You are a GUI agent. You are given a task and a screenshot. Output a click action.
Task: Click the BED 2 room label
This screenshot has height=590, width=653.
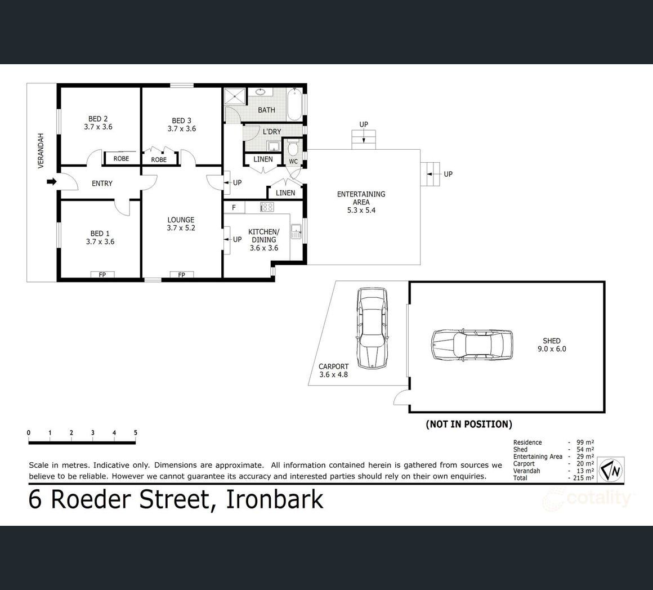[x=98, y=123]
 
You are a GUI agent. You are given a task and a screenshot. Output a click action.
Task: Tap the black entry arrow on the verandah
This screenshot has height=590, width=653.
[x=52, y=181]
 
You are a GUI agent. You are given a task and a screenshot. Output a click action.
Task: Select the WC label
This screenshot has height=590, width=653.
[x=293, y=162]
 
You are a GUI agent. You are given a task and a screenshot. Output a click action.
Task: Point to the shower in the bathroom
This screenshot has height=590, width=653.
[x=236, y=96]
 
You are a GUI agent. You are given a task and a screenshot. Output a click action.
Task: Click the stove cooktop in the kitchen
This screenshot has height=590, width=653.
[x=267, y=207]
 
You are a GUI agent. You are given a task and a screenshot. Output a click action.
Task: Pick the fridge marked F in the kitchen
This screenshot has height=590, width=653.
[x=234, y=207]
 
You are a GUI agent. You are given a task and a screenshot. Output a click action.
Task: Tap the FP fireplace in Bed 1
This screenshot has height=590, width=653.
[x=102, y=274]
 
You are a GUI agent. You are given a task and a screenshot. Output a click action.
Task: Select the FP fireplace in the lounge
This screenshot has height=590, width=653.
[x=182, y=274]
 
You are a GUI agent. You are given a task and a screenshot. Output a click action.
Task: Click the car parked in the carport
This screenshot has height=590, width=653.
[x=372, y=328]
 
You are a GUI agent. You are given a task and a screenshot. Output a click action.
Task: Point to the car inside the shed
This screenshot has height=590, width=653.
[x=472, y=345]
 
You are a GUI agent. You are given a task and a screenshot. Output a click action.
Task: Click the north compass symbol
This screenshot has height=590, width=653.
[x=611, y=470]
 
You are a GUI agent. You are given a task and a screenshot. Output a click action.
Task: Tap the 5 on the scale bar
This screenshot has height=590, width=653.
[x=135, y=432]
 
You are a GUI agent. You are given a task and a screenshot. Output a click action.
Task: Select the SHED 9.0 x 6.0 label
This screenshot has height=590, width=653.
[x=552, y=345]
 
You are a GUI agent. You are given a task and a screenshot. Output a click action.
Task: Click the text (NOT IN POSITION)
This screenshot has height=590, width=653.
[x=469, y=424]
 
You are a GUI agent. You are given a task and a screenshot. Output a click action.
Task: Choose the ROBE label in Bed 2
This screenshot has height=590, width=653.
[x=121, y=159]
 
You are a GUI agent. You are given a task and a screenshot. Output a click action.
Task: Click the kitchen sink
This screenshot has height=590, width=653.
[x=296, y=231]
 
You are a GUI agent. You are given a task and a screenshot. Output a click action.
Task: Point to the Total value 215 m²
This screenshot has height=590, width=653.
[x=583, y=478]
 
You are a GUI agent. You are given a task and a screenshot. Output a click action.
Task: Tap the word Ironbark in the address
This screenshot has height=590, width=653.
[x=275, y=499]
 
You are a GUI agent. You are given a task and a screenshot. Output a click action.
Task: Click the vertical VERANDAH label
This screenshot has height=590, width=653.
[x=41, y=151]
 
